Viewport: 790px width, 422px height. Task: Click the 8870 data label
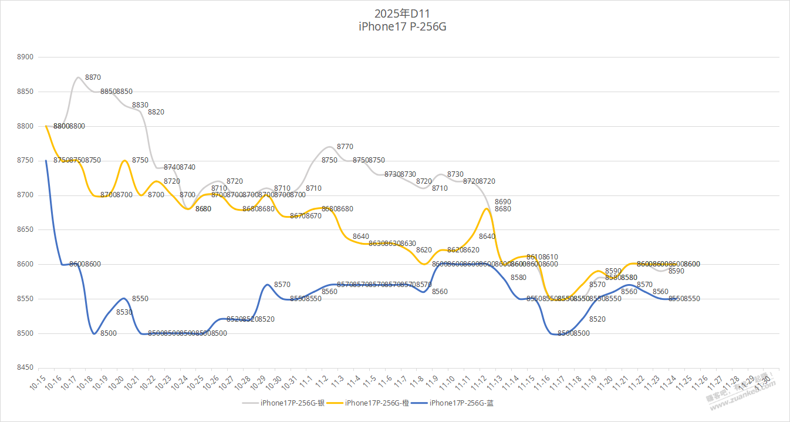click(x=93, y=77)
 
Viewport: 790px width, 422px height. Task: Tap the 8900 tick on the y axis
click(x=26, y=58)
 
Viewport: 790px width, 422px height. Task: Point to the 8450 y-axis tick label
click(x=26, y=368)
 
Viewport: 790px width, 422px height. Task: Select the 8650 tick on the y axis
click(x=26, y=229)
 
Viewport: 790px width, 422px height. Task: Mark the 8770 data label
click(x=345, y=147)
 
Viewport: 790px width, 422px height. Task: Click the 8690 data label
click(x=502, y=202)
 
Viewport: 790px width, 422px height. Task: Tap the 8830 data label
click(x=140, y=105)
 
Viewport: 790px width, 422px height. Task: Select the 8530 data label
click(x=124, y=313)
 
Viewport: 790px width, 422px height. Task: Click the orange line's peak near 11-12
click(x=487, y=208)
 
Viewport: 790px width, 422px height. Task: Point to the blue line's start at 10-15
click(x=46, y=160)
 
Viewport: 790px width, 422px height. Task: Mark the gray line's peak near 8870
click(x=77, y=77)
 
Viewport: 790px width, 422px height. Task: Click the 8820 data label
click(x=156, y=112)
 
